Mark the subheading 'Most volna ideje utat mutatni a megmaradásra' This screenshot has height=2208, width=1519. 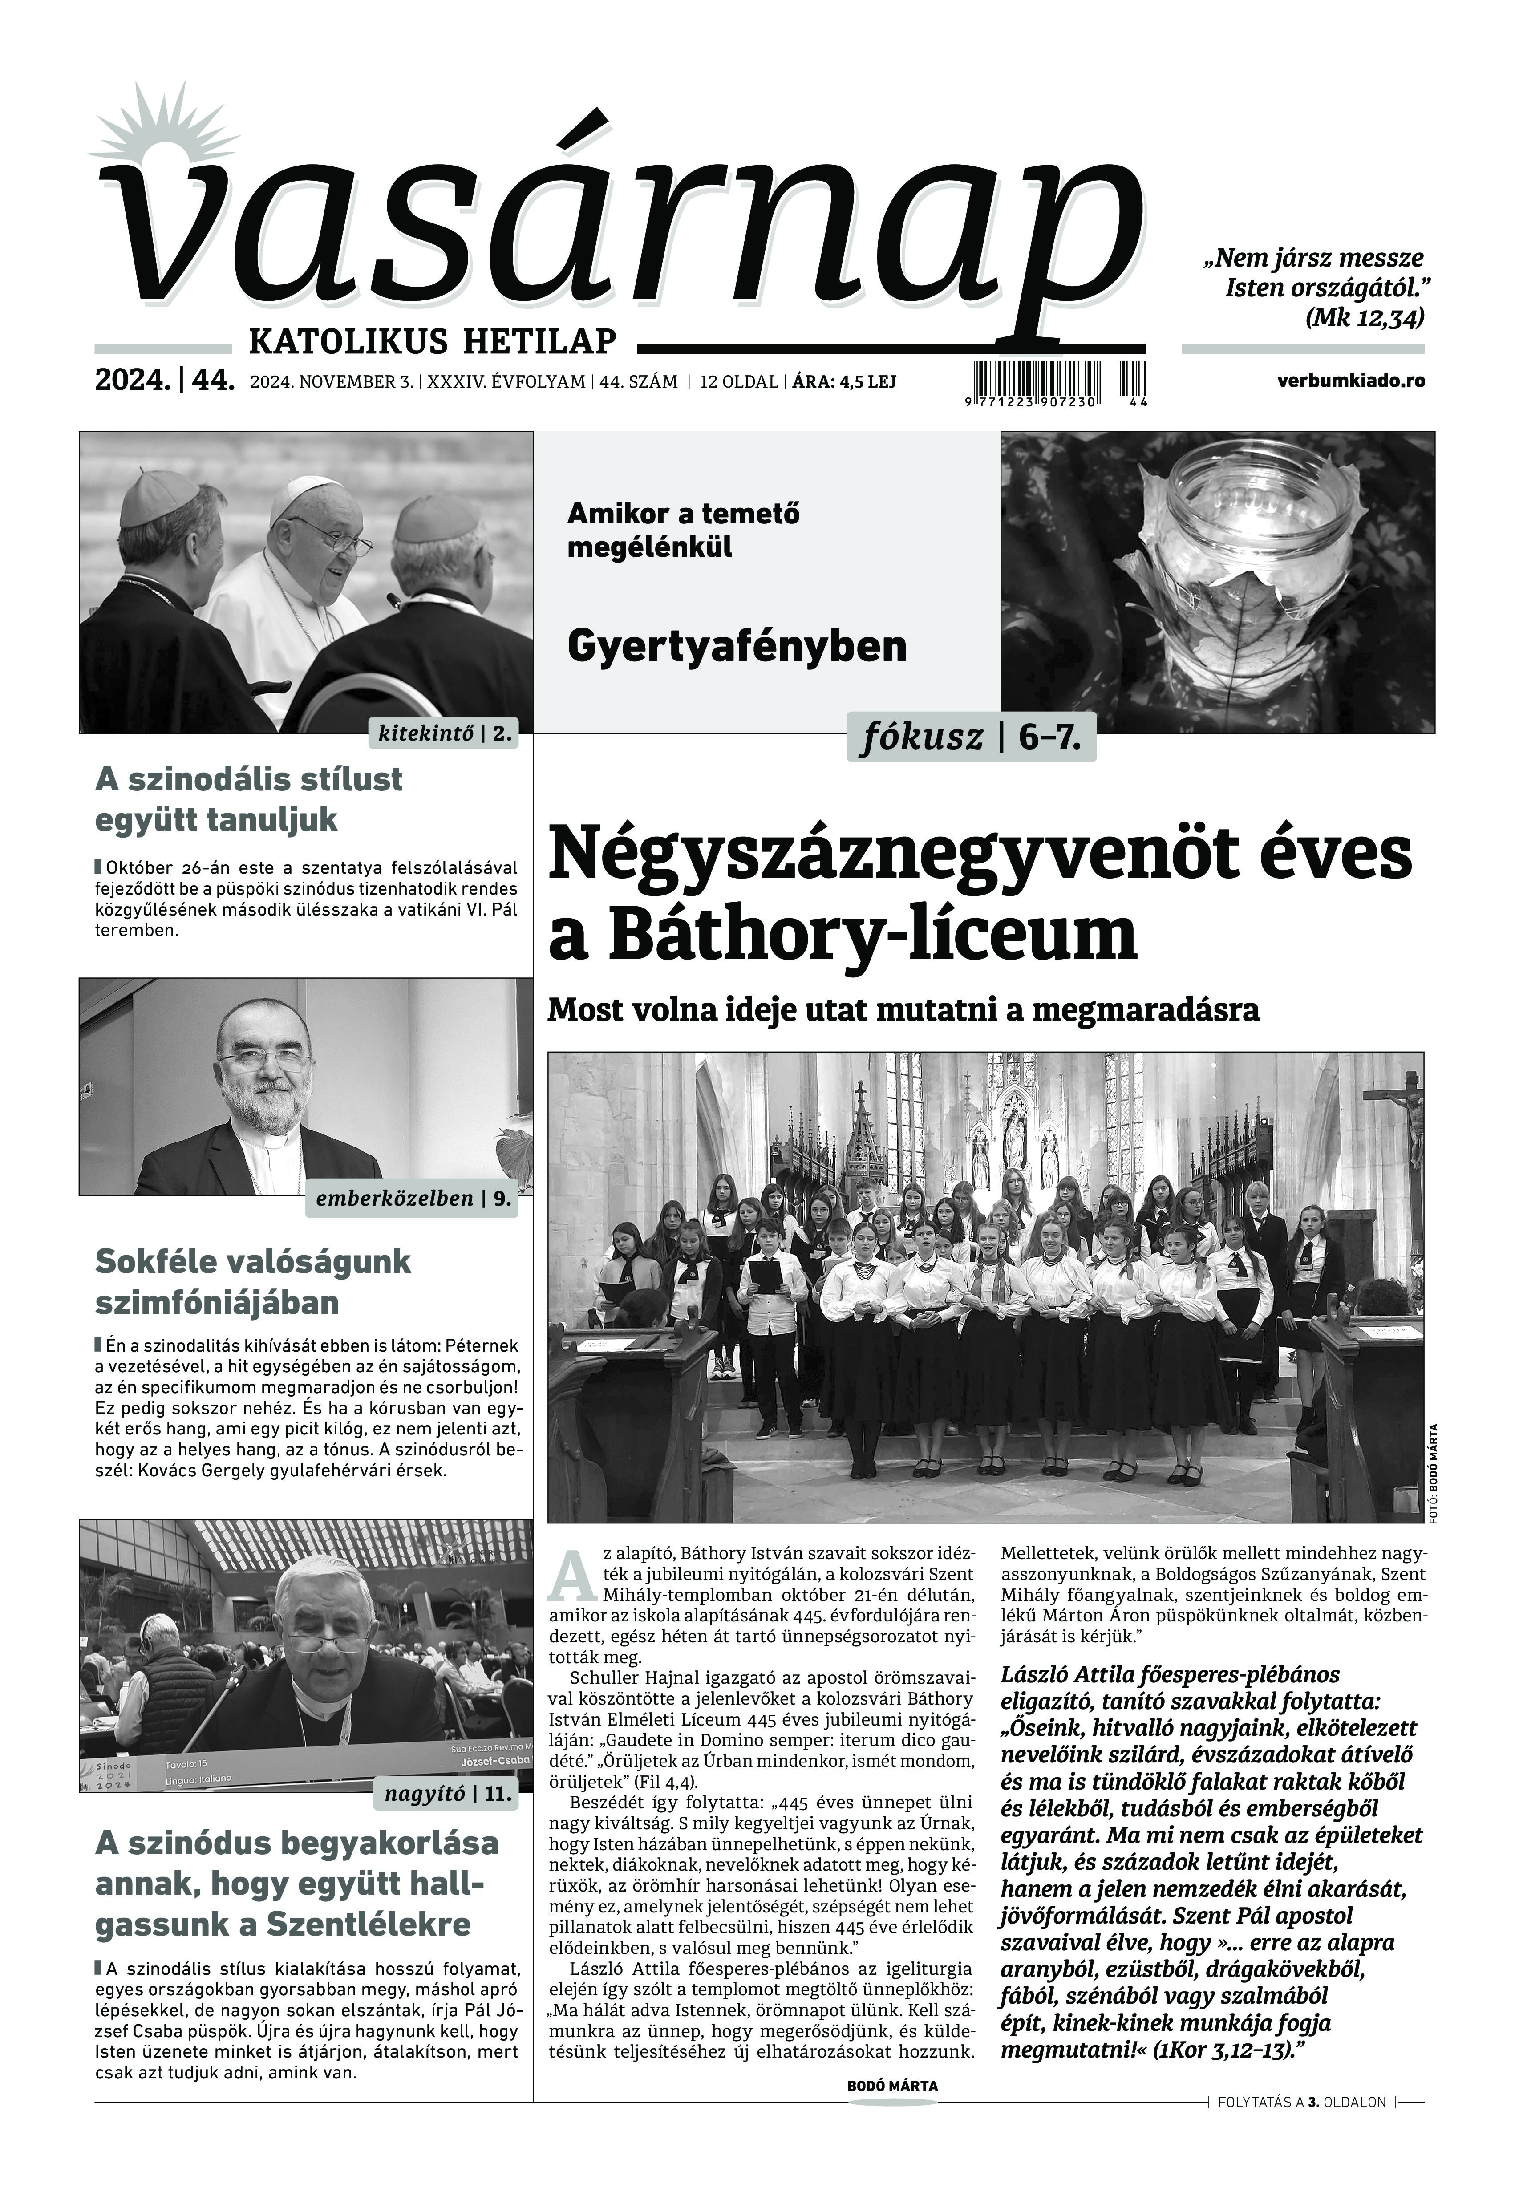tap(903, 1010)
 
